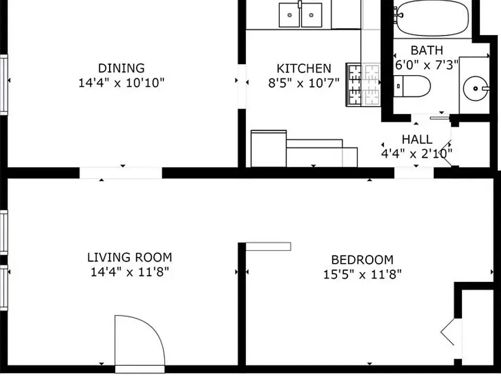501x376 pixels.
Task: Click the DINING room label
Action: tap(122, 68)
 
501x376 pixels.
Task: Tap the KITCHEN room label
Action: tap(304, 69)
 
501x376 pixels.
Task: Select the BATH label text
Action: tap(427, 51)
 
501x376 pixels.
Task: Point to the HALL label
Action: tap(417, 139)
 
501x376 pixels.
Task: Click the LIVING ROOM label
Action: tap(130, 257)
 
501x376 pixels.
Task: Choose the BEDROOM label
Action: tap(362, 260)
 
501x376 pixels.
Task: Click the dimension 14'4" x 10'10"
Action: tap(122, 83)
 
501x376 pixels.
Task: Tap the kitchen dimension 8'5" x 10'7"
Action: tap(304, 83)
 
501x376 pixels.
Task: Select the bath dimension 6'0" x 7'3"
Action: tap(427, 65)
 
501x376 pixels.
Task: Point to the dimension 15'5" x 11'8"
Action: tap(362, 274)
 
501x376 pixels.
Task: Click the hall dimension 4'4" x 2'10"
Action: tap(417, 154)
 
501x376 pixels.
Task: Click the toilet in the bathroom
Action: tap(412, 86)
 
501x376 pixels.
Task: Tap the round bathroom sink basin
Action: tap(476, 88)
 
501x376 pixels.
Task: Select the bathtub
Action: tap(432, 18)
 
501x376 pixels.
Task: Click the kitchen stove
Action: tap(363, 85)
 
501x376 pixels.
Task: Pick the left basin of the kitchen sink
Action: tap(290, 15)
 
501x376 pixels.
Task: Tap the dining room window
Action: tap(4, 85)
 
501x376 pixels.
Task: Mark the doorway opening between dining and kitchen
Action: tap(242, 86)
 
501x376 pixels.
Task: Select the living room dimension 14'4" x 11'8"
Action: tap(130, 272)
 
